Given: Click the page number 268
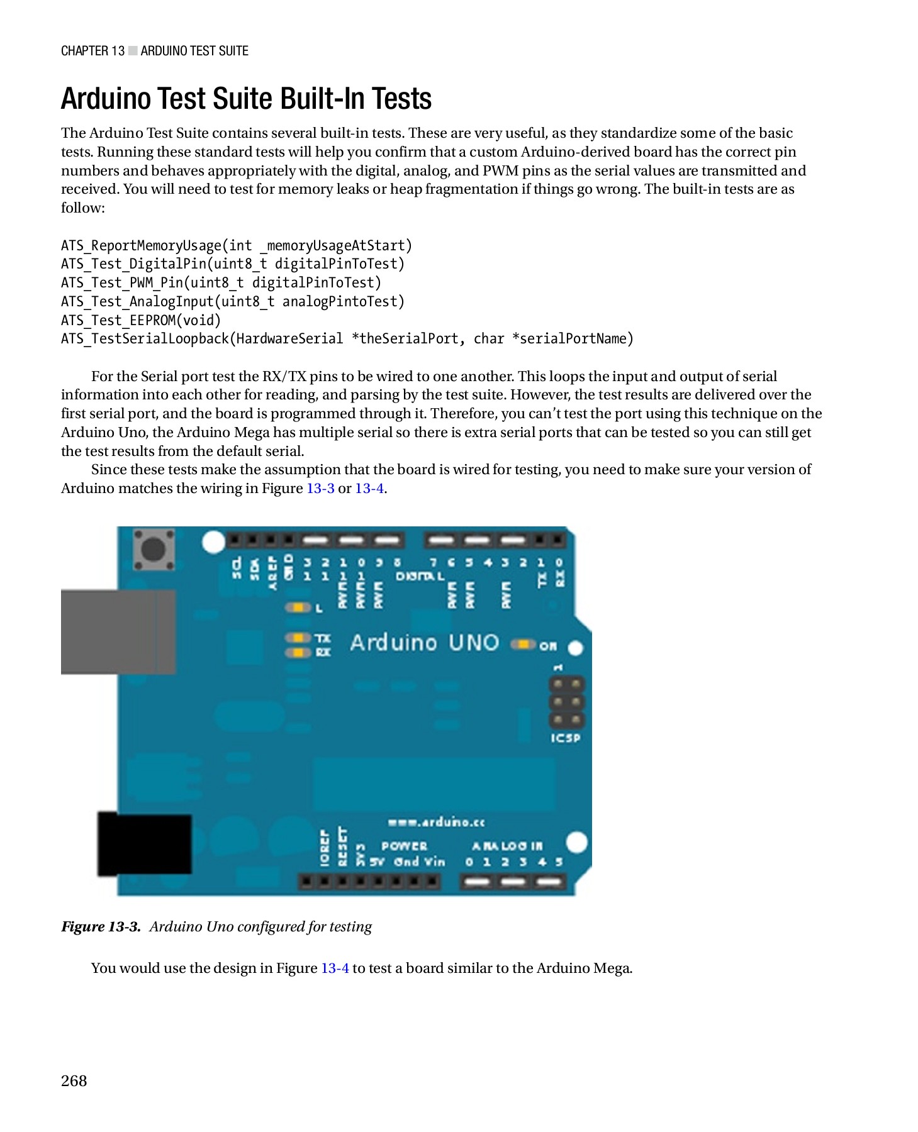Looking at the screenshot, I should (74, 1080).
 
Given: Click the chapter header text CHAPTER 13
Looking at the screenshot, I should (92, 51).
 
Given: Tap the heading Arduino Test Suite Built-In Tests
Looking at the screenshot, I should (246, 99).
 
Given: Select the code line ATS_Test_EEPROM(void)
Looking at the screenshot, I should (141, 320).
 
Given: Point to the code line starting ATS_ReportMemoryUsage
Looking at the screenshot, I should (236, 245).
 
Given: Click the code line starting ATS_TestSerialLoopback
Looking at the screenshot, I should (347, 339).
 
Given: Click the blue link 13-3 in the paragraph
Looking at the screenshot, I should (320, 489).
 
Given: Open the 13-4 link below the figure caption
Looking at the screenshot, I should (335, 968).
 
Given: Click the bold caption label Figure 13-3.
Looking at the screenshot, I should (101, 926).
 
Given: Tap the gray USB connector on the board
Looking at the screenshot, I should (118, 631).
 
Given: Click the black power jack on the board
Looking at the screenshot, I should (145, 844).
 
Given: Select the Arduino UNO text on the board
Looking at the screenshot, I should (424, 643).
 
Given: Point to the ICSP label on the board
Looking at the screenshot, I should (565, 738).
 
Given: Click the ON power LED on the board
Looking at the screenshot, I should (522, 645).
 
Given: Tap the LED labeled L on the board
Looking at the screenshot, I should (298, 608).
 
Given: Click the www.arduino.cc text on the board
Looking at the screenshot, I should (436, 822).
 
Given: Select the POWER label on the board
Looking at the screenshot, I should (404, 846).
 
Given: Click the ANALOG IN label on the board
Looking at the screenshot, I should (507, 846).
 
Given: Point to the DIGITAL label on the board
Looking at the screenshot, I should (420, 576).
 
